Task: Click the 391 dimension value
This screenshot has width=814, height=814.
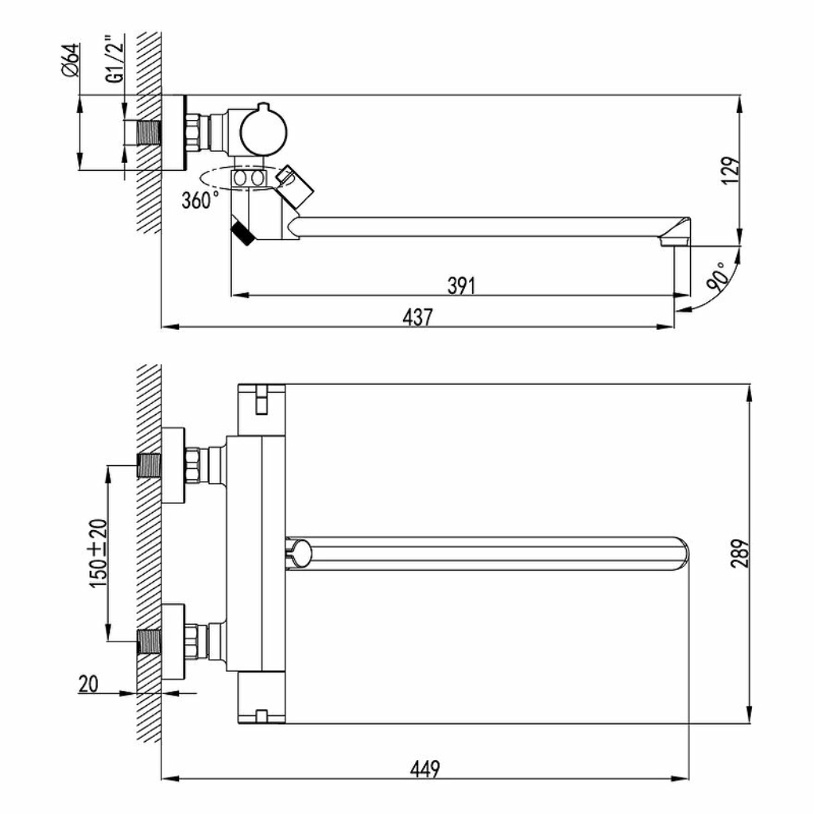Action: click(x=462, y=285)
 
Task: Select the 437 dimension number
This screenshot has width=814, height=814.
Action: click(x=417, y=316)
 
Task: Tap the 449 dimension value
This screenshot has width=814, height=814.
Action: click(x=424, y=769)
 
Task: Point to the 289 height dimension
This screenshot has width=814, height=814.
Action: click(x=740, y=552)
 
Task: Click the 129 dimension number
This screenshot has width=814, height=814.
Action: click(x=731, y=170)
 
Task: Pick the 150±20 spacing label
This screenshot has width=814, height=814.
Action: click(x=99, y=553)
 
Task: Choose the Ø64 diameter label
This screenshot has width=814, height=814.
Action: click(x=71, y=60)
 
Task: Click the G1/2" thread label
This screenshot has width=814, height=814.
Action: click(x=116, y=59)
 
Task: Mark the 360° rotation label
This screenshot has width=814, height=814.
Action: click(x=200, y=200)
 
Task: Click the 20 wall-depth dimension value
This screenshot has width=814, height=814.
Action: click(x=88, y=684)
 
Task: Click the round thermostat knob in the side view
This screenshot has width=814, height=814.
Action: click(x=263, y=132)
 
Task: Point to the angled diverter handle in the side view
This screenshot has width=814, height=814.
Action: click(x=293, y=187)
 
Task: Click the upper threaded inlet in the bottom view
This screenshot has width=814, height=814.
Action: click(x=149, y=466)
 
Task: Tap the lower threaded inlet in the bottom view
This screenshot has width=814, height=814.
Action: click(x=149, y=642)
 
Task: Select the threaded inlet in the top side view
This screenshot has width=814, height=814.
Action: click(x=149, y=133)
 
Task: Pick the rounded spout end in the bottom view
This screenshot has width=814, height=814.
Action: click(x=680, y=553)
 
